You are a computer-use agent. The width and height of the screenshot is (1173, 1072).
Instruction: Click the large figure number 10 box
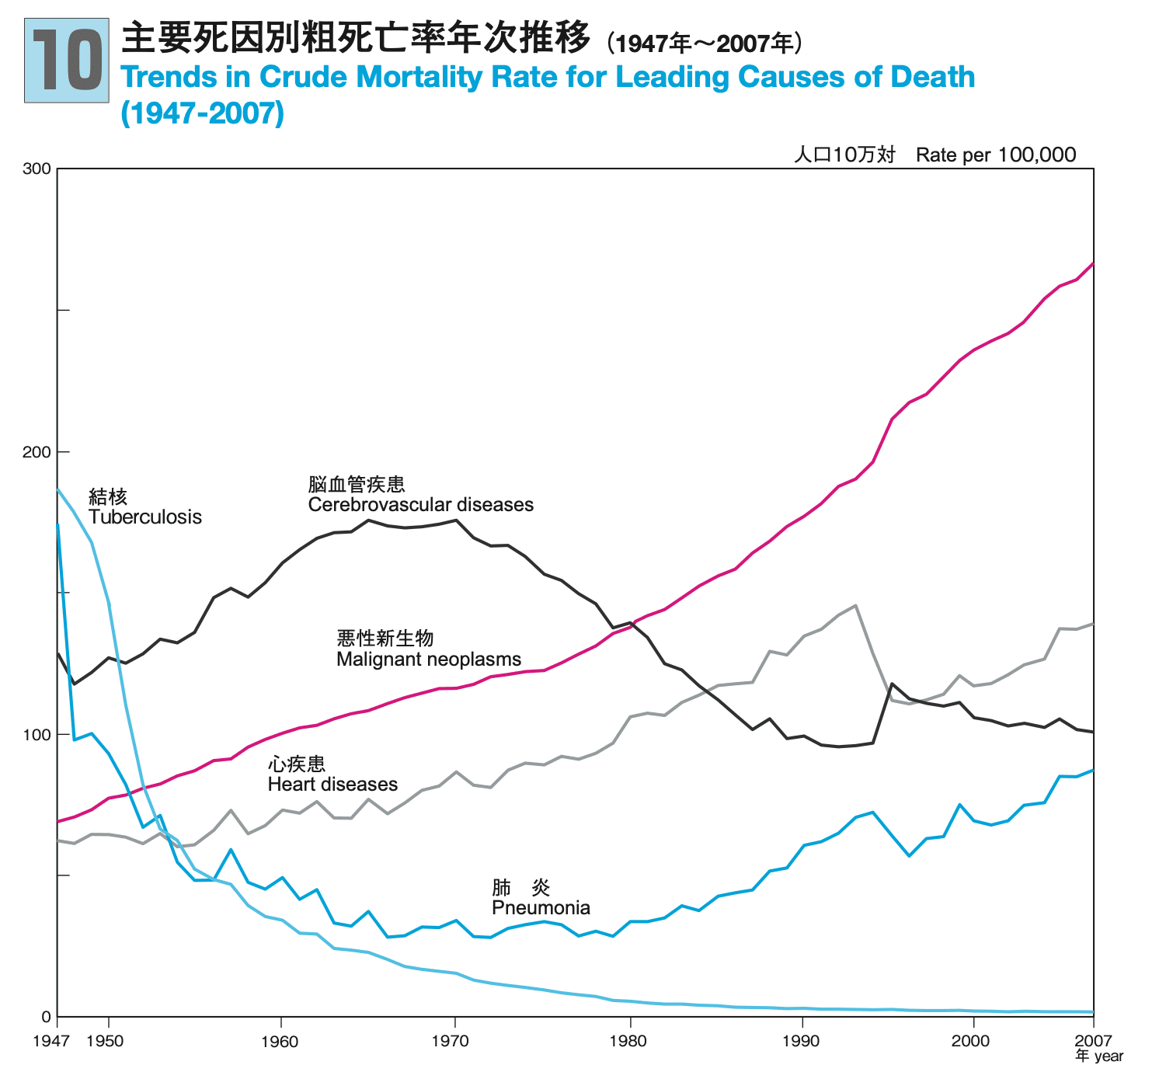[67, 61]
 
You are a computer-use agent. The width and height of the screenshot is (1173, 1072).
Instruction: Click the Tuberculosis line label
[144, 517]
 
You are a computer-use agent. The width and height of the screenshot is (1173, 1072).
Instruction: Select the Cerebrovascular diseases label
[420, 505]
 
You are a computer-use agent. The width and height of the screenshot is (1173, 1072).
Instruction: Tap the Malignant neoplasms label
[429, 660]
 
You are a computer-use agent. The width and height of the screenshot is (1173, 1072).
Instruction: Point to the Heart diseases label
[332, 784]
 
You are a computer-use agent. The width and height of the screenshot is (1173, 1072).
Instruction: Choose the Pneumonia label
[541, 907]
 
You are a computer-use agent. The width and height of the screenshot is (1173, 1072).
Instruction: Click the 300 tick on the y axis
[41, 169]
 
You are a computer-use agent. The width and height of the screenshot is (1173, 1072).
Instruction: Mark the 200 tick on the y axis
[41, 451]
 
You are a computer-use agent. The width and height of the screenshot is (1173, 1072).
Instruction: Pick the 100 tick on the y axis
[41, 734]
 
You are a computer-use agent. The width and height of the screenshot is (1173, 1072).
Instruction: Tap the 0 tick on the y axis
[46, 1017]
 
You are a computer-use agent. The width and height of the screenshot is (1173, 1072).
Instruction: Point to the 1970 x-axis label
[455, 1041]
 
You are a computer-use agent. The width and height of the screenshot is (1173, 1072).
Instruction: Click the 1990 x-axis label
[801, 1041]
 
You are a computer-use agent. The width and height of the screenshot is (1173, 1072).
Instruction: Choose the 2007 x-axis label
[1093, 1040]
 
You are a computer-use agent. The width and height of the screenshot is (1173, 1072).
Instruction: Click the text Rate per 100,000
[996, 155]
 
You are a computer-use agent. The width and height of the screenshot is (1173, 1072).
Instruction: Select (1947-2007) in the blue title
[203, 113]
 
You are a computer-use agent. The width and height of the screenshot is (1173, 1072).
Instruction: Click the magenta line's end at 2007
[1093, 264]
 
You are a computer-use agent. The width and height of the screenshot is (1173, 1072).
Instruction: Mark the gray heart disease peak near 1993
[855, 605]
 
